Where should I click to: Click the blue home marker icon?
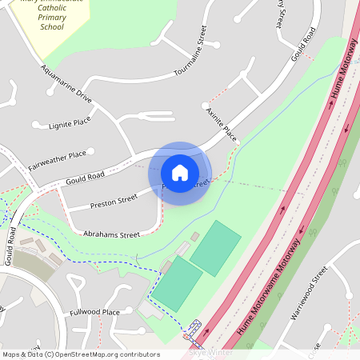coord(180,173)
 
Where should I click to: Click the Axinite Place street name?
coord(222,121)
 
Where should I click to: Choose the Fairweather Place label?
coord(57,160)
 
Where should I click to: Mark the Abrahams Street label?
coord(111,235)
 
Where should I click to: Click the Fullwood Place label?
coord(94,311)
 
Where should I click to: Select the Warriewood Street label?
coord(310,293)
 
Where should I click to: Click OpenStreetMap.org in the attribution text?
coord(95,354)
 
